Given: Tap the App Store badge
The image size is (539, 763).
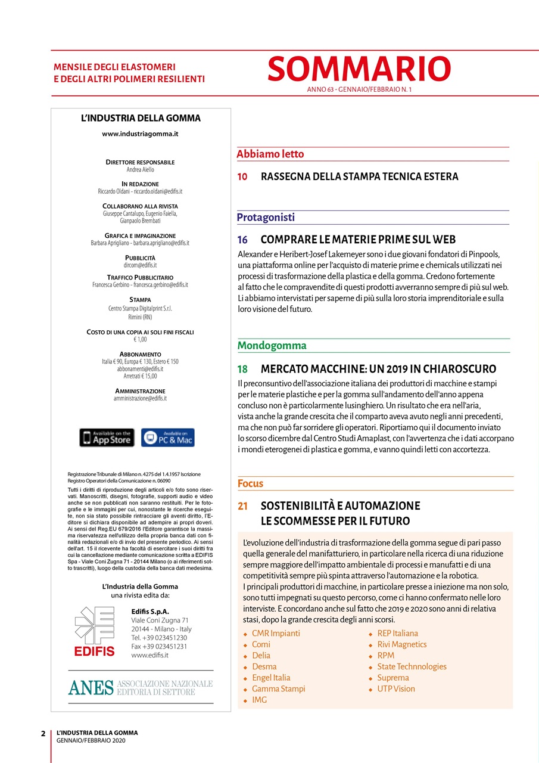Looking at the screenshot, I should point(107,438).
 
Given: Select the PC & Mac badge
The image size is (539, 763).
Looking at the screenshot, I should point(168,438).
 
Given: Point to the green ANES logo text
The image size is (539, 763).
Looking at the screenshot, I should point(91,687).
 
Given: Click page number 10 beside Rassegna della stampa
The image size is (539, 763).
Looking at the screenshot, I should point(242,176).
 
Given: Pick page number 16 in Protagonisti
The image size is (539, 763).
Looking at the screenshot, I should point(242,240).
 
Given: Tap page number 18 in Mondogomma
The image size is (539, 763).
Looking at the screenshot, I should point(242,369).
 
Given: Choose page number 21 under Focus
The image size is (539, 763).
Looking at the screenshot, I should point(242,506).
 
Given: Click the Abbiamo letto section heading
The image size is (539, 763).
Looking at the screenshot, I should point(270,154).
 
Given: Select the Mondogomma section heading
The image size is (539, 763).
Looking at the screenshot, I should point(272,346).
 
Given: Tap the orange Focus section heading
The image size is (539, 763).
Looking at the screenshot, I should point(250,483).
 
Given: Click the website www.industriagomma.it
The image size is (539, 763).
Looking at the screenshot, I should point(141,134).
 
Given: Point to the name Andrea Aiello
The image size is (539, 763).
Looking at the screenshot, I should point(141,170).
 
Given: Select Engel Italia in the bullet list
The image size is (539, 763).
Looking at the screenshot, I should point(271,678).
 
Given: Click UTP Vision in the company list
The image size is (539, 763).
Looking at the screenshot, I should point(396,689).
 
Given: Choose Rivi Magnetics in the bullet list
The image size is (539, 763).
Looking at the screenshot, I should point(402,644).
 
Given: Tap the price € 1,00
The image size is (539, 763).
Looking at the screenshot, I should point(141,340).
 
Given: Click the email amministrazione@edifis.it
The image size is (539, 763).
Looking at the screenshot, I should point(141,398).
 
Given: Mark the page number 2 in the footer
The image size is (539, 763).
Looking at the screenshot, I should point(43,733).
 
